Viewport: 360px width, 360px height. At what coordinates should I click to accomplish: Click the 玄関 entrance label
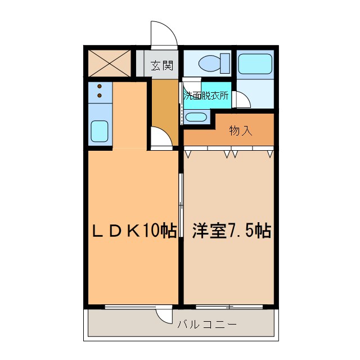click(x=161, y=66)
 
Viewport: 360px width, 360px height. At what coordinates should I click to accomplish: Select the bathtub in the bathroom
click(x=255, y=64)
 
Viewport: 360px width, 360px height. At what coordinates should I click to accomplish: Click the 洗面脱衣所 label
click(x=206, y=96)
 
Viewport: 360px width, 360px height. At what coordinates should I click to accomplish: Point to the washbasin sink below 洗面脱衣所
click(x=196, y=117)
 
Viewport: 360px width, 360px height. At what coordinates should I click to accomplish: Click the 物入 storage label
click(x=240, y=131)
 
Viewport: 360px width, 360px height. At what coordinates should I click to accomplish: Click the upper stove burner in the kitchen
click(x=100, y=87)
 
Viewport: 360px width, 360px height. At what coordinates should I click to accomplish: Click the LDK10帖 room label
click(x=135, y=230)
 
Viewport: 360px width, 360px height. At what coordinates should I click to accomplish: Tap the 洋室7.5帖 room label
click(x=232, y=230)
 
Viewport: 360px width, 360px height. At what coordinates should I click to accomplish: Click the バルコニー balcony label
click(x=206, y=325)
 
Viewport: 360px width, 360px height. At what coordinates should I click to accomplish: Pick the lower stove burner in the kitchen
click(x=100, y=95)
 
